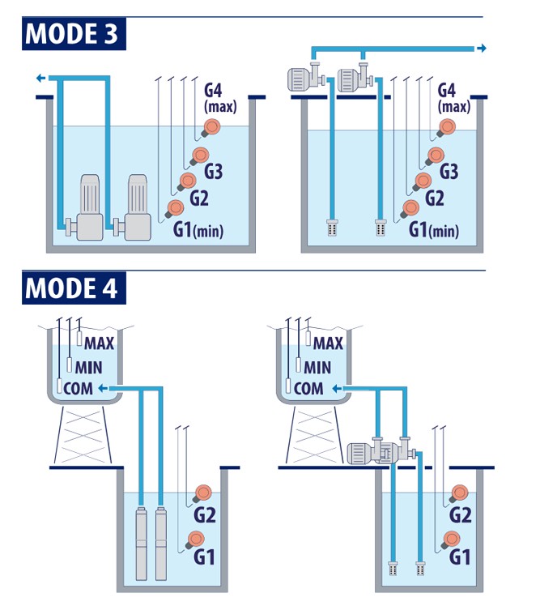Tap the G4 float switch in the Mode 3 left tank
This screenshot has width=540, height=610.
213,126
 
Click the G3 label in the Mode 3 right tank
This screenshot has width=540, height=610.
449,172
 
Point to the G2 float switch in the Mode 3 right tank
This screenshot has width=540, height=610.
422,180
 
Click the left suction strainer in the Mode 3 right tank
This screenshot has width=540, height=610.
331,227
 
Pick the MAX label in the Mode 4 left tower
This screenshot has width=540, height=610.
100,344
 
